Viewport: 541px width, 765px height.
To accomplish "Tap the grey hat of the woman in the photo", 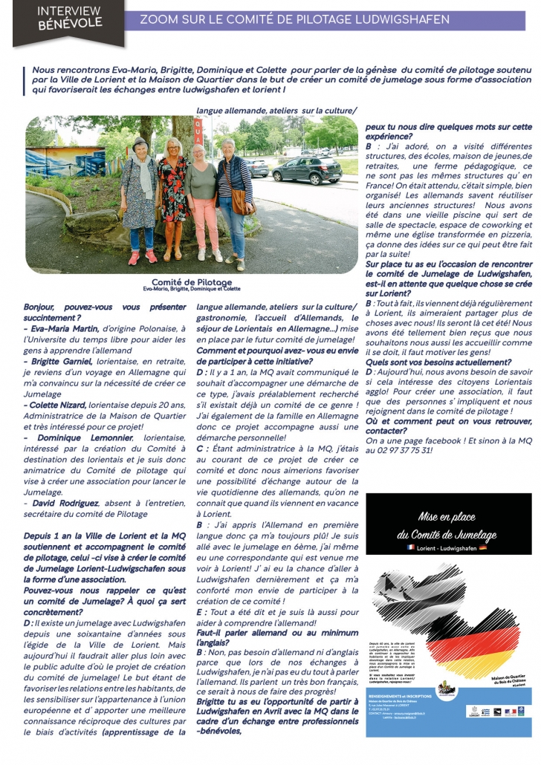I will (x=139, y=142).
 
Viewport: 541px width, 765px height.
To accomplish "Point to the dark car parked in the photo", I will (x=306, y=170).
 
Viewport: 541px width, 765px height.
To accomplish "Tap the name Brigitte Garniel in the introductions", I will (x=61, y=360).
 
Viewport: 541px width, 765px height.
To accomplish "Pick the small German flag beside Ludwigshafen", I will (x=483, y=547).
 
